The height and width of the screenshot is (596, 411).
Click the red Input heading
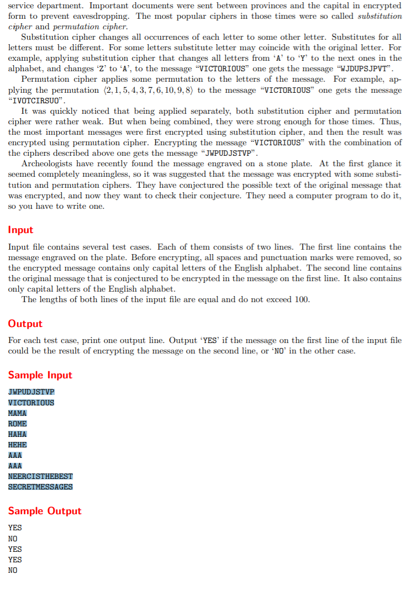point(20,230)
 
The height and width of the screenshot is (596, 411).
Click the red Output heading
point(25,324)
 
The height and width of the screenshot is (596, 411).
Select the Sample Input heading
point(40,375)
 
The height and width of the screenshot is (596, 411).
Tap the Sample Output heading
point(44,511)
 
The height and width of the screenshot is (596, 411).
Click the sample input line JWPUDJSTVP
point(31,392)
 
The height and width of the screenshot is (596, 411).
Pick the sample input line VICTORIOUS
point(31,403)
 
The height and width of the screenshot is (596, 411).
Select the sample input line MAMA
point(18,413)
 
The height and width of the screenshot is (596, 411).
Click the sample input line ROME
point(18,424)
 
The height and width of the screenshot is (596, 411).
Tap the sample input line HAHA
point(18,434)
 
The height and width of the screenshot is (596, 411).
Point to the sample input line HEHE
point(18,445)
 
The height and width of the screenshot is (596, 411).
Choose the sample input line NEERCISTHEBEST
point(40,476)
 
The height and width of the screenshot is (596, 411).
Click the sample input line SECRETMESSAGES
point(40,487)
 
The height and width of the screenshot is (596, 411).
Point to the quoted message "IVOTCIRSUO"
point(38,101)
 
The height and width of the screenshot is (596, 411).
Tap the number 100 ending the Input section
point(301,300)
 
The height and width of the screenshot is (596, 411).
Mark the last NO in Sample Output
point(13,570)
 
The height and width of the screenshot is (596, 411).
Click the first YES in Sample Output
point(15,528)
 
